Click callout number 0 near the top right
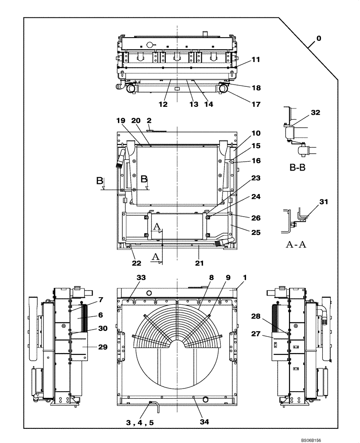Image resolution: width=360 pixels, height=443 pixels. pos(319,39)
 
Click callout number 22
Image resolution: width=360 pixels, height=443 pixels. pos(136,263)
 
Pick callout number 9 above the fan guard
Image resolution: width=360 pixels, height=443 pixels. pos(228,278)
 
